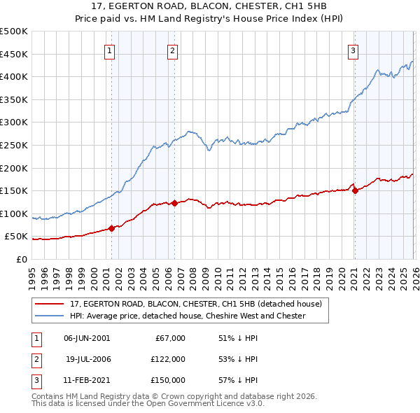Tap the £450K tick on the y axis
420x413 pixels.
(14, 55)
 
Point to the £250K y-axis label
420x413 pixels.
(14, 146)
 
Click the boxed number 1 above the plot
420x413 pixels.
(111, 50)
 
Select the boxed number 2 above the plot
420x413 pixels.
(172, 50)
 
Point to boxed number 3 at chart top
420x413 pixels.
(353, 50)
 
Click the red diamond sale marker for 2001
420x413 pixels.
(111, 228)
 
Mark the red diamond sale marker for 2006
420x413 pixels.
(174, 203)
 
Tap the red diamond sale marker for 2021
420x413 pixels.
(355, 190)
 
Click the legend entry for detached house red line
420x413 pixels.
(195, 304)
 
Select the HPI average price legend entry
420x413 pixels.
(187, 316)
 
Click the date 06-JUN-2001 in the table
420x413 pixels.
(87, 338)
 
